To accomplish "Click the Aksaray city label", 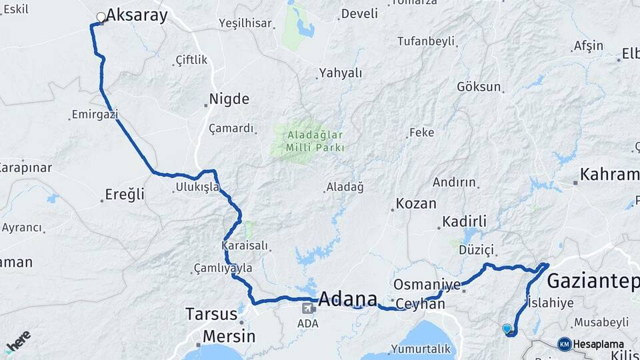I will click(137, 16).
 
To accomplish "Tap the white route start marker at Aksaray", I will click(101, 17).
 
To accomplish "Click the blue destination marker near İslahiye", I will click(507, 329).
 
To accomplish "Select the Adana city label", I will click(347, 299).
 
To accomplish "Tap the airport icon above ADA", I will click(308, 308).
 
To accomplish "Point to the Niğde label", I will click(229, 99).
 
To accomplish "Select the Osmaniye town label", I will click(427, 285).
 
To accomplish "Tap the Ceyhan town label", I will click(420, 304).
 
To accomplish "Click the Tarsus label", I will click(211, 314).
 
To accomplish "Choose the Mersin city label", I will click(229, 335).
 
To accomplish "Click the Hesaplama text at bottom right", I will click(599, 344).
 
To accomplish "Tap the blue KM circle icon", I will click(564, 344).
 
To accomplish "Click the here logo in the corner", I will click(18, 341).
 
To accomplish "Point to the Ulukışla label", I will click(197, 187).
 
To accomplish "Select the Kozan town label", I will click(416, 203).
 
